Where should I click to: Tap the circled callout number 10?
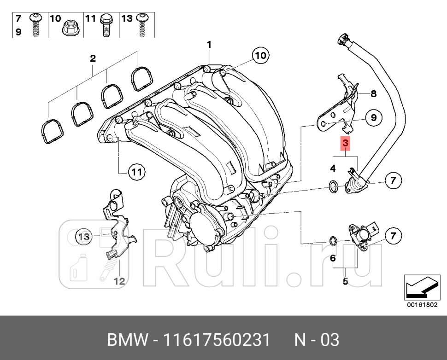click(260, 56)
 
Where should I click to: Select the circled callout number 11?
click(135, 173)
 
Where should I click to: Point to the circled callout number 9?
click(373, 118)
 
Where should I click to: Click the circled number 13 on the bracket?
click(84, 237)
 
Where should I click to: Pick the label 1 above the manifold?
click(209, 45)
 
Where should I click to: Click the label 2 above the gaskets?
click(93, 58)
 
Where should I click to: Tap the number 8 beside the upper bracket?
click(373, 94)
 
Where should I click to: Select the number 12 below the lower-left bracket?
click(119, 281)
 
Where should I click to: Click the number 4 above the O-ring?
click(333, 169)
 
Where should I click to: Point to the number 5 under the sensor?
click(345, 281)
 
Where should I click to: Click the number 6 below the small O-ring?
click(333, 259)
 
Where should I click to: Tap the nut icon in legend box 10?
click(71, 29)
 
